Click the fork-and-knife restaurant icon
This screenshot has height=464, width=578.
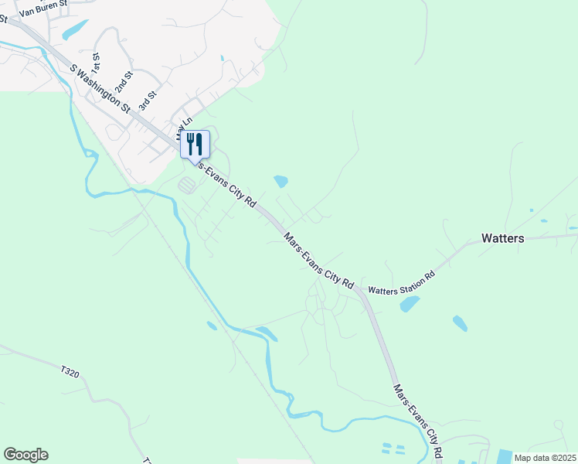tap(195, 144)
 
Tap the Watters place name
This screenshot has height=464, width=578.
tap(502, 238)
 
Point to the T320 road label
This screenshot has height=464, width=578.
tap(70, 373)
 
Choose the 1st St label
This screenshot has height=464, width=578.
tap(97, 60)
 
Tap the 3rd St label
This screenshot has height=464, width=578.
tap(147, 100)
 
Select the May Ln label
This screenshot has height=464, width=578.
tap(184, 122)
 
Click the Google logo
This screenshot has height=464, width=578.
tap(25, 454)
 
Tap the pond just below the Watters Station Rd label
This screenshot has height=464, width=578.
tap(409, 304)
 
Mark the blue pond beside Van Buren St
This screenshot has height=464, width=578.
tap(75, 30)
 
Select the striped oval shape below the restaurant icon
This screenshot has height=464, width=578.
tap(187, 185)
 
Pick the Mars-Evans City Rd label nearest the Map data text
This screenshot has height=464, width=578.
tap(418, 421)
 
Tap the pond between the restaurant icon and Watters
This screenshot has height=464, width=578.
tap(280, 182)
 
